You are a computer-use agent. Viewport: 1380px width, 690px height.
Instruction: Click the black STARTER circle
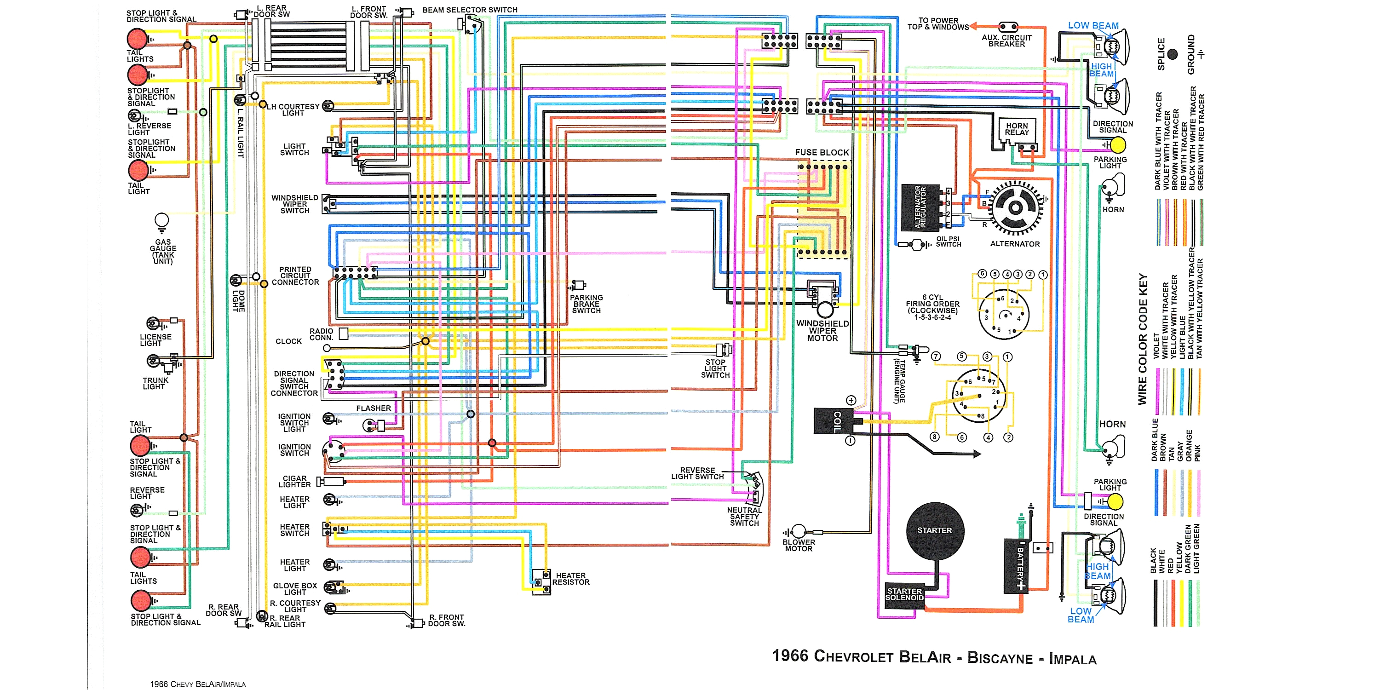coord(935,530)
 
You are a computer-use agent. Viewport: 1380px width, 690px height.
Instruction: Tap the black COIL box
coord(834,421)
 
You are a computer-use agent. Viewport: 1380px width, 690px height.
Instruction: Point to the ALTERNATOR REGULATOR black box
coord(920,207)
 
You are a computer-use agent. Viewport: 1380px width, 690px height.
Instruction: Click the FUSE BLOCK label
coord(822,153)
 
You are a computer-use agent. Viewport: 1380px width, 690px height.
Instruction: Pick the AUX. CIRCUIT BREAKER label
coord(1006,41)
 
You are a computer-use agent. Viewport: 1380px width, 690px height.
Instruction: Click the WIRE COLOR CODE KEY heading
coord(1143,339)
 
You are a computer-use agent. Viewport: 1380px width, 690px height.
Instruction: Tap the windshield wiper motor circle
coord(825,309)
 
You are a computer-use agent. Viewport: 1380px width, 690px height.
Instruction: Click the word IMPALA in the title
coord(1073,659)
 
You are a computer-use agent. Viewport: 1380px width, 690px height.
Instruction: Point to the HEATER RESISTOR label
coord(570,579)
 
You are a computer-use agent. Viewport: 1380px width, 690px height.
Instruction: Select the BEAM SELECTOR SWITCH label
coord(470,10)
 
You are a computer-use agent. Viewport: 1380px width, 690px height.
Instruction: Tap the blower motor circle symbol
coord(799,531)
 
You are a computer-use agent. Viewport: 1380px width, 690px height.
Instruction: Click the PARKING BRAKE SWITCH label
coord(586,304)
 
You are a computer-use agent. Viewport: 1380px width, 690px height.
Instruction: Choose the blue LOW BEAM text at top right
coord(1093,26)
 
